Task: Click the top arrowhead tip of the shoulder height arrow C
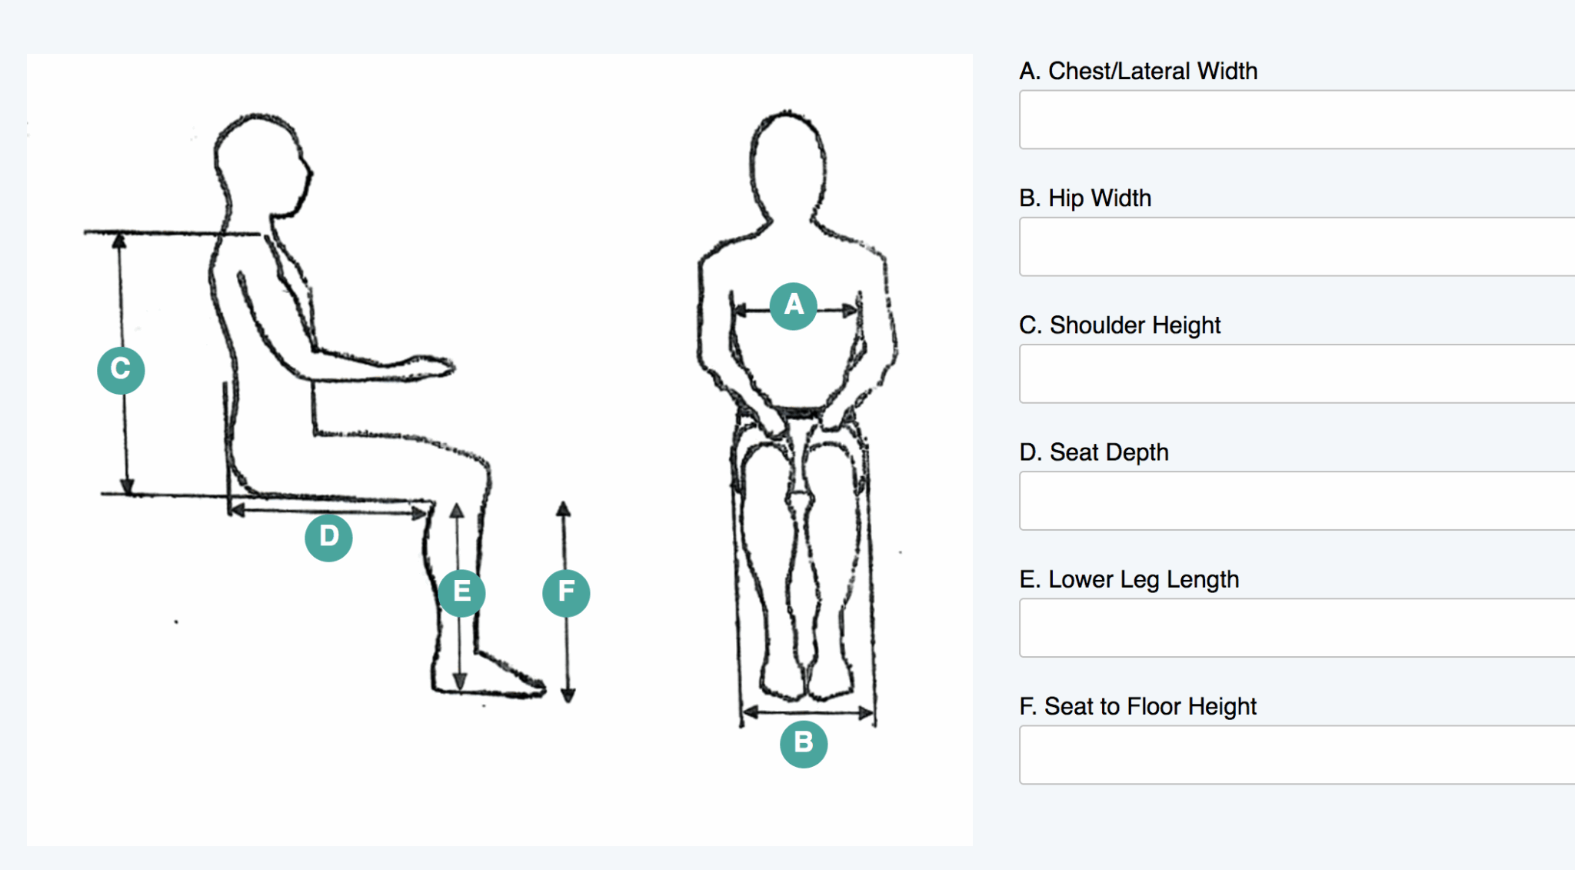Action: click(118, 234)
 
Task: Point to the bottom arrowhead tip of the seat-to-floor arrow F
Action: click(568, 703)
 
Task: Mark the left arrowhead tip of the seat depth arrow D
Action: click(230, 509)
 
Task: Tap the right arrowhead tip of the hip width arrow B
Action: click(874, 713)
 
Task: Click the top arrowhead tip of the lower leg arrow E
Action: click(457, 503)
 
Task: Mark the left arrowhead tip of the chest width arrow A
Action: click(734, 311)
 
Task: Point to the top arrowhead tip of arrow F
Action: click(564, 501)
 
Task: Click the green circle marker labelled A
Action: click(794, 305)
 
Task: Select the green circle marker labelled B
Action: click(804, 743)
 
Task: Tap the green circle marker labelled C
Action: click(121, 370)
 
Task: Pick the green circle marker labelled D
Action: click(328, 537)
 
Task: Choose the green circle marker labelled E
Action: click(461, 592)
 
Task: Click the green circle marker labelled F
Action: click(566, 592)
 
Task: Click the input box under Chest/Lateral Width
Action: click(1297, 119)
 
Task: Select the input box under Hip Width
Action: click(1297, 246)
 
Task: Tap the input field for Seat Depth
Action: click(1297, 501)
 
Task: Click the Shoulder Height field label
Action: click(1120, 325)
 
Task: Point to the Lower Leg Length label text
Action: click(1129, 579)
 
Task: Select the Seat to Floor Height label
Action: click(1138, 706)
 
